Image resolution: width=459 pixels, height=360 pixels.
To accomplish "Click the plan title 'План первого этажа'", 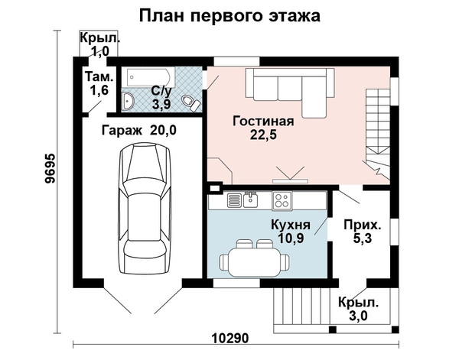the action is (229, 16).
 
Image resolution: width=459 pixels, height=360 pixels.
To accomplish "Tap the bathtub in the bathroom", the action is (148, 77).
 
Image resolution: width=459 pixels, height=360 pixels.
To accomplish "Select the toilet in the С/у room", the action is (190, 102).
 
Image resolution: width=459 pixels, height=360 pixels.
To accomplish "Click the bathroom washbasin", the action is (128, 102).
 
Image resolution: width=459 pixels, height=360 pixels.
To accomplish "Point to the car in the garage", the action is (145, 208).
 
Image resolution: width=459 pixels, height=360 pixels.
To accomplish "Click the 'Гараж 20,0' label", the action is (139, 130).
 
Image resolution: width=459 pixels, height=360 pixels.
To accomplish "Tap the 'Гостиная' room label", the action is (263, 121).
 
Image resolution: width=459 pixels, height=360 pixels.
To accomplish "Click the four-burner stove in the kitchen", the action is (282, 200).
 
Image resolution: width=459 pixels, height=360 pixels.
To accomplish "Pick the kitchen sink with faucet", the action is (251, 199).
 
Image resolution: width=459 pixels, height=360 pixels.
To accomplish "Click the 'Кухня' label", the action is (291, 225).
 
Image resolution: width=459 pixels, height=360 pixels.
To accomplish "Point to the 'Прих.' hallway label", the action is (363, 225).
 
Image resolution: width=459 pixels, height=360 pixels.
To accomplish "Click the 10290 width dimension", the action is (229, 339).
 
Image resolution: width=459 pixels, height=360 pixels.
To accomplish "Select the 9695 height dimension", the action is (50, 168).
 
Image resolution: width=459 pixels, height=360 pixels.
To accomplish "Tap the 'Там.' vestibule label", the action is (99, 76).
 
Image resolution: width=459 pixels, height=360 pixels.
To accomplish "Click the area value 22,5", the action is (263, 135).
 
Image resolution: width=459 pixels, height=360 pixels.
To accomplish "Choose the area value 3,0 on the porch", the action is (358, 316).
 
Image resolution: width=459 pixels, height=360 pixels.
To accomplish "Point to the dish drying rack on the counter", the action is (234, 200).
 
